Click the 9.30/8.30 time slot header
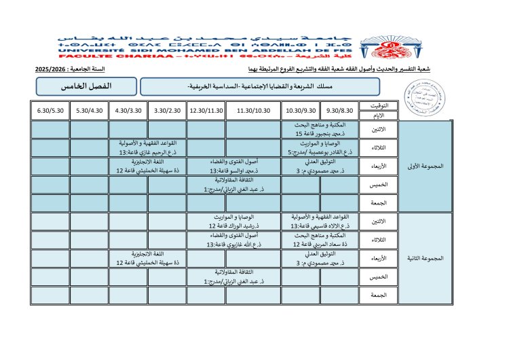click(x=339, y=110)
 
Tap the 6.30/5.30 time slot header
click(x=50, y=110)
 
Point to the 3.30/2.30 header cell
click(x=166, y=110)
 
